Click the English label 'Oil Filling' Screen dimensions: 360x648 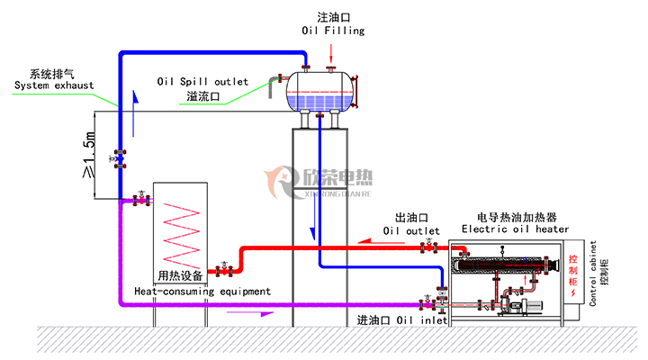333,31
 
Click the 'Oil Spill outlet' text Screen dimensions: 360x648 202,80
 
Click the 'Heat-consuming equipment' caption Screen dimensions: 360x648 202,292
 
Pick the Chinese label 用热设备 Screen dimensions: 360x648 180,275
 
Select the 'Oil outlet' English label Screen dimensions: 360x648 411,230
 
